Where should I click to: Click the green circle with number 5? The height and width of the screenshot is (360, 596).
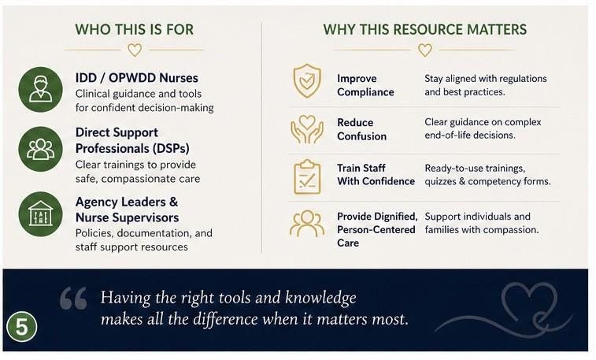[x=22, y=327]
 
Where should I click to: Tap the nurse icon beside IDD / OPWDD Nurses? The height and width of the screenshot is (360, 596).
[x=41, y=89]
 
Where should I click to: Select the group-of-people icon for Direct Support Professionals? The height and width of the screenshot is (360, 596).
[x=41, y=149]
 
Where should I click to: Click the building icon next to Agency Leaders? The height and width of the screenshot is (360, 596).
[x=41, y=214]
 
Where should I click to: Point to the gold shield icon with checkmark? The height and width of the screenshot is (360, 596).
[x=307, y=81]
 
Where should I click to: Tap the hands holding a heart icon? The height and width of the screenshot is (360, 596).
[x=307, y=129]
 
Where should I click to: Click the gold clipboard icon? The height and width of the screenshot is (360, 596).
[x=307, y=177]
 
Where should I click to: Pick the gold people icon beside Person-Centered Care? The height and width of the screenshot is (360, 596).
[x=307, y=224]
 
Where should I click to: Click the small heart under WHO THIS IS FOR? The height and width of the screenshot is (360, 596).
[x=135, y=50]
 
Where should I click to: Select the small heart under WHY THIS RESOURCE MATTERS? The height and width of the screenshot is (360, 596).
[x=425, y=50]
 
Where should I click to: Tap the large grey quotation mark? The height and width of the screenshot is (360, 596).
[x=73, y=298]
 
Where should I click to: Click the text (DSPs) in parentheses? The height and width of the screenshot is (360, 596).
[x=171, y=148]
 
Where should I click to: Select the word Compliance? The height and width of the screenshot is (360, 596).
[x=365, y=92]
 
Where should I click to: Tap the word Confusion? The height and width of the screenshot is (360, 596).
[x=362, y=136]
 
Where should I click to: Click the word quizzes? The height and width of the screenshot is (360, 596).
[x=441, y=182]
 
